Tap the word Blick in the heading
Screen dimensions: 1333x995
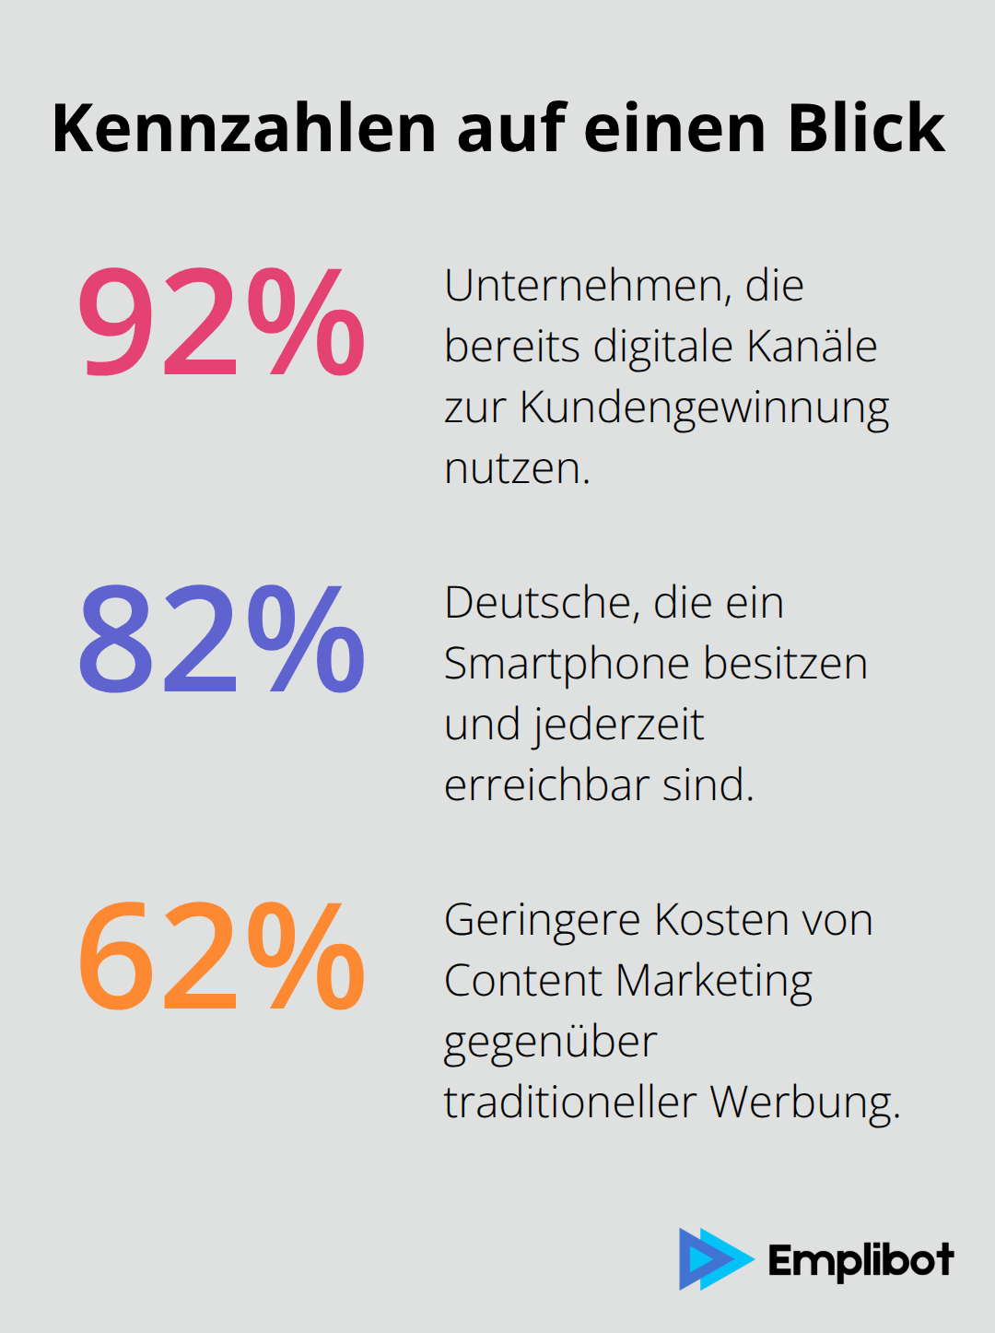pyautogui.click(x=866, y=128)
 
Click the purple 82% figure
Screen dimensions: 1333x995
pyautogui.click(x=221, y=639)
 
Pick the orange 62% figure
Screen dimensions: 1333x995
pyautogui.click(x=221, y=956)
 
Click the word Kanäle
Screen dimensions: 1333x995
pyautogui.click(x=812, y=347)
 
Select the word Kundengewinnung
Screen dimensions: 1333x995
pyautogui.click(x=705, y=408)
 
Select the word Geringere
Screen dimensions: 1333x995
pyautogui.click(x=543, y=920)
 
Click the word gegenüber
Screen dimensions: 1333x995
pyautogui.click(x=550, y=1043)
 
